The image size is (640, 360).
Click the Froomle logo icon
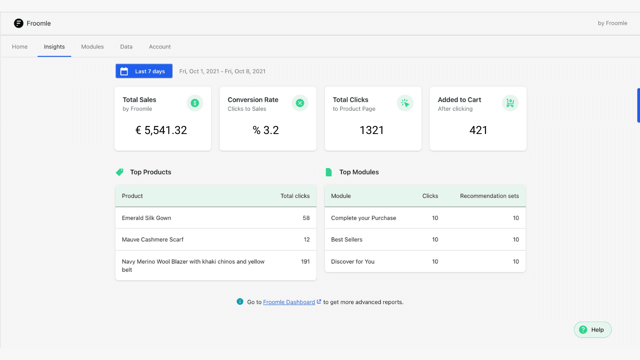[18, 23]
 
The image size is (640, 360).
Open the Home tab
[20, 47]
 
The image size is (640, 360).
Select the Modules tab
[92, 47]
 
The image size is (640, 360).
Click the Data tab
[126, 47]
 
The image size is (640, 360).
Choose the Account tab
[160, 47]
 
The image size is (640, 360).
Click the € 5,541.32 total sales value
[161, 130]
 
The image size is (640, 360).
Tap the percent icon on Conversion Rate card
[300, 103]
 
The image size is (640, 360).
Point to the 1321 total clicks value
[372, 130]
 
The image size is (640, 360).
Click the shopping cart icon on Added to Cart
[510, 103]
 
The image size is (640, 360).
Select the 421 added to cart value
[478, 130]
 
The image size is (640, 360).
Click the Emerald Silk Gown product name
[146, 218]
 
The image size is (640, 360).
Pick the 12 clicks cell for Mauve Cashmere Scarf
[307, 240]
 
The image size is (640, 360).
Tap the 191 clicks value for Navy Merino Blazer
[305, 262]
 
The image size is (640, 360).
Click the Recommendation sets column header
[489, 196]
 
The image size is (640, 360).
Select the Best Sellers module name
[347, 240]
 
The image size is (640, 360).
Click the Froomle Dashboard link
[289, 302]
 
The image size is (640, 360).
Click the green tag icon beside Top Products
[120, 172]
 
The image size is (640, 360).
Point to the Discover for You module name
[353, 262]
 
